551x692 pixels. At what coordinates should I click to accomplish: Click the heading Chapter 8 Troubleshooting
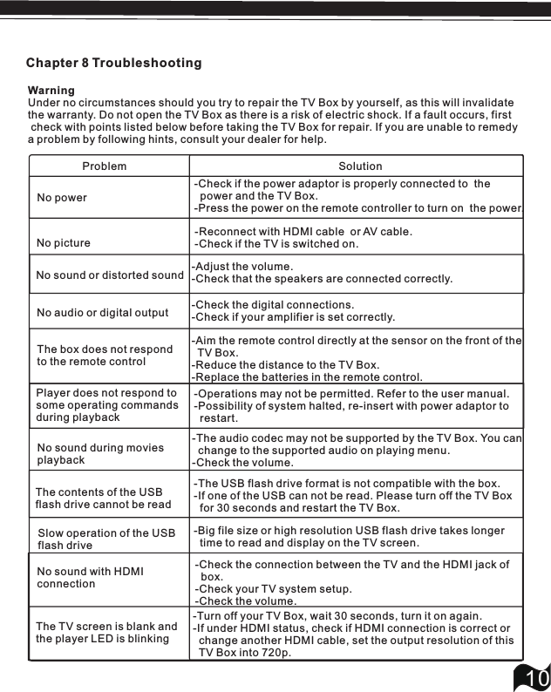(113, 64)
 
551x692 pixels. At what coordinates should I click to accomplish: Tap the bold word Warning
(51, 91)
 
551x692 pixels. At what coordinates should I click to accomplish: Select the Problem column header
(105, 166)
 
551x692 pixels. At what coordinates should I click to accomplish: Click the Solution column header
(360, 166)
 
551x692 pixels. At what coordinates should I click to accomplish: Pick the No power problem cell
(62, 198)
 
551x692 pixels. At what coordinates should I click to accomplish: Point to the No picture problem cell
(64, 243)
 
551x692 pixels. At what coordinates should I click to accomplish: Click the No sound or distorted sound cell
(110, 275)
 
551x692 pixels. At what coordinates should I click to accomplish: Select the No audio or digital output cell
(103, 313)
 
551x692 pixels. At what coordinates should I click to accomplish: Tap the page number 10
(534, 677)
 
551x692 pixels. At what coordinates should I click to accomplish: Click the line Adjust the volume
(242, 267)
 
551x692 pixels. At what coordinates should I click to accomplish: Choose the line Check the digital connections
(273, 305)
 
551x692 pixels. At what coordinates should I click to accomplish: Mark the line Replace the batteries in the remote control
(307, 377)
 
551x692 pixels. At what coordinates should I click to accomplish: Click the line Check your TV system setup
(274, 589)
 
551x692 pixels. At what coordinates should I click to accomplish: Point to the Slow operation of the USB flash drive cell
(106, 539)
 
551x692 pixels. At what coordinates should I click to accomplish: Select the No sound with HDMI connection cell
(91, 577)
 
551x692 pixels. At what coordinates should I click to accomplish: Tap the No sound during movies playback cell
(100, 453)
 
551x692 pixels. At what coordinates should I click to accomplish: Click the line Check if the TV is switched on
(277, 244)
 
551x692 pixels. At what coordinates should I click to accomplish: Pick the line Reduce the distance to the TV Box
(285, 364)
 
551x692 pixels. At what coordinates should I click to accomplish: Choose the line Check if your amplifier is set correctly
(293, 317)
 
